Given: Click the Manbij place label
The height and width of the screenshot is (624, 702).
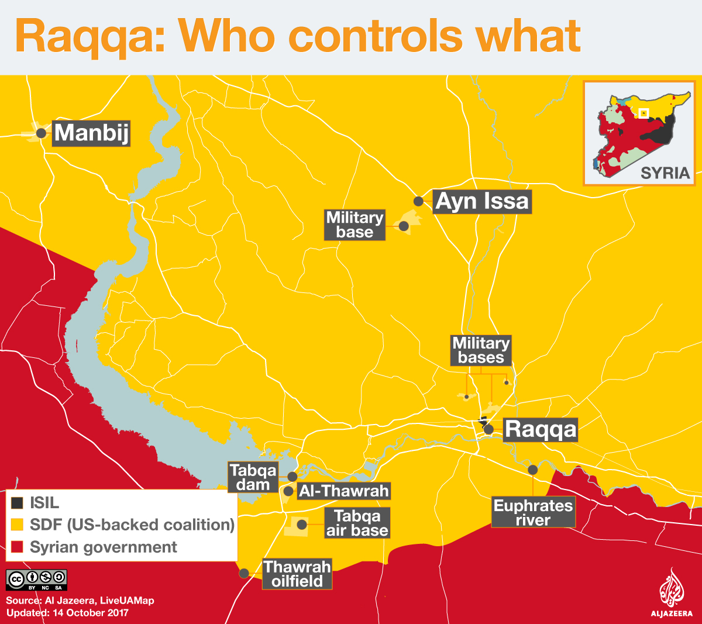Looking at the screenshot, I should (91, 133).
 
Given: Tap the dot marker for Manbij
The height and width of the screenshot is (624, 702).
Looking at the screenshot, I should (41, 133).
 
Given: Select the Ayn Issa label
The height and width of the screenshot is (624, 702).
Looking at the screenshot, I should (482, 202).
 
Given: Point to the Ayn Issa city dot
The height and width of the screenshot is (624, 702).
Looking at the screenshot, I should (418, 201).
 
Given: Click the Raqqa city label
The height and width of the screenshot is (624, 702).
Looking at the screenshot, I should (540, 429).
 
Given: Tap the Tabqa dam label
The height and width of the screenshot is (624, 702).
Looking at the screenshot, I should (253, 478).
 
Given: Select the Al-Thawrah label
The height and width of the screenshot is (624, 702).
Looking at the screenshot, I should (343, 491).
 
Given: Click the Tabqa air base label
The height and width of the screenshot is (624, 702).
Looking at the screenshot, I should (357, 523).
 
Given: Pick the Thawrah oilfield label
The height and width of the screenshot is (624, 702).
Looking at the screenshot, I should (297, 574).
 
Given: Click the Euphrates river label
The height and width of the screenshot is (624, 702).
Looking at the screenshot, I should (533, 513).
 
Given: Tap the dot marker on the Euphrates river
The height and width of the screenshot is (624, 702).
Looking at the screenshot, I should (533, 470).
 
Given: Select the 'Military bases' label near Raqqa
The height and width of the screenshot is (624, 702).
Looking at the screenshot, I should (481, 350).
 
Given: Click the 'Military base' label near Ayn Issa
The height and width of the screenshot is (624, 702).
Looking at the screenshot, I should (355, 225).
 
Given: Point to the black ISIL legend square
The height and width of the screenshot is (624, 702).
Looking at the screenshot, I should (18, 503).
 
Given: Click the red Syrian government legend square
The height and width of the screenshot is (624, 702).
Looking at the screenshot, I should (18, 547).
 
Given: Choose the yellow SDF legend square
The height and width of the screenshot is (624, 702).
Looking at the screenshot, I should (18, 525).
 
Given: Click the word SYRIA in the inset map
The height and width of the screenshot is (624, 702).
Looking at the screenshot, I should (665, 173).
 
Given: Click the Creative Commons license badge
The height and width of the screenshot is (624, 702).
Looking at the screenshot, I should (36, 580).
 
